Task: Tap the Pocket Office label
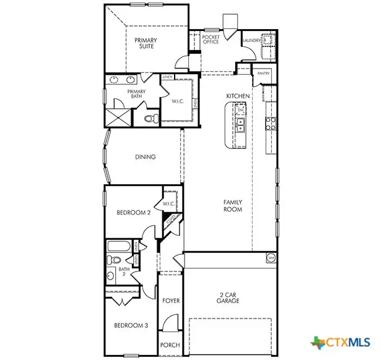tap(211, 40)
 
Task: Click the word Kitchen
tap(238, 96)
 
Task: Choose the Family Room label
tap(233, 206)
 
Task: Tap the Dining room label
tap(145, 157)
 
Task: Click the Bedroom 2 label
tap(134, 213)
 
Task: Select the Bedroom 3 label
tap(131, 325)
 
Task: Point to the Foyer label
tap(171, 301)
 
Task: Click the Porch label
tap(170, 346)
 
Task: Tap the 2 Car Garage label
tap(229, 298)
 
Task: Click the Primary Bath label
tap(136, 95)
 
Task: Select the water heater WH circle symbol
tap(271, 257)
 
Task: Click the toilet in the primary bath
tap(149, 118)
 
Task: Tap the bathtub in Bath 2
tap(118, 246)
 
